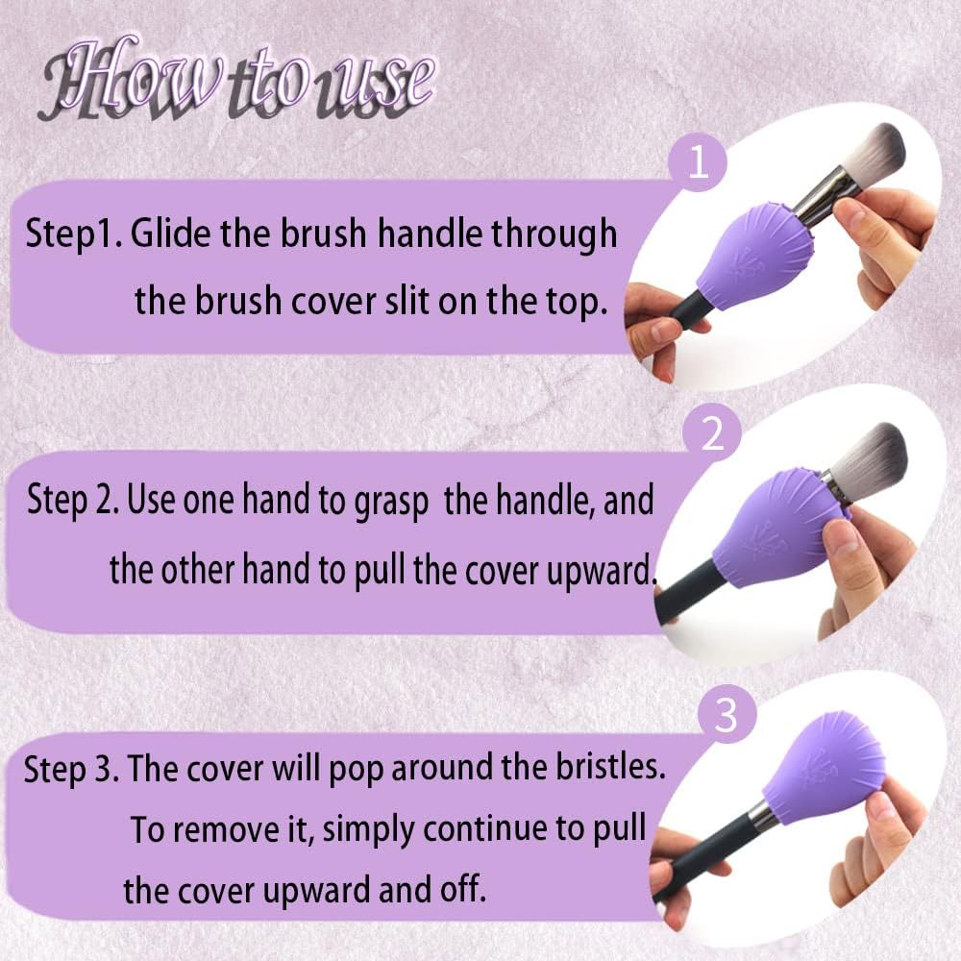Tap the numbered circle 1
coord(700,164)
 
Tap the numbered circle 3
coord(727,716)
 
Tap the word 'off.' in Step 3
coord(458,890)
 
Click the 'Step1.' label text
coord(72,234)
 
